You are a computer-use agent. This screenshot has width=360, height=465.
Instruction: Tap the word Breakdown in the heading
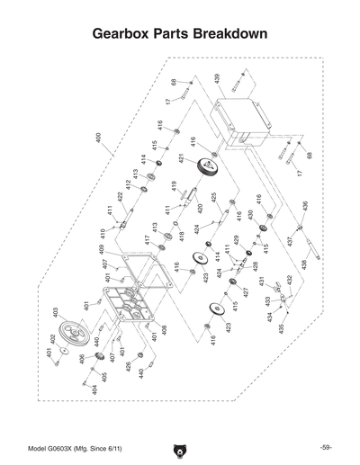pos(229,34)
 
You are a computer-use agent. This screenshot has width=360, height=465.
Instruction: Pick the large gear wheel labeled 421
pos(209,166)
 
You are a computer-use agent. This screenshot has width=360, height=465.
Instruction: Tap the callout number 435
pos(280,329)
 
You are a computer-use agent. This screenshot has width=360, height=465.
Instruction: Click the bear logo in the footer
pos(179,448)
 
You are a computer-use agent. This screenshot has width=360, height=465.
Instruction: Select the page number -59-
pos(326,447)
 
